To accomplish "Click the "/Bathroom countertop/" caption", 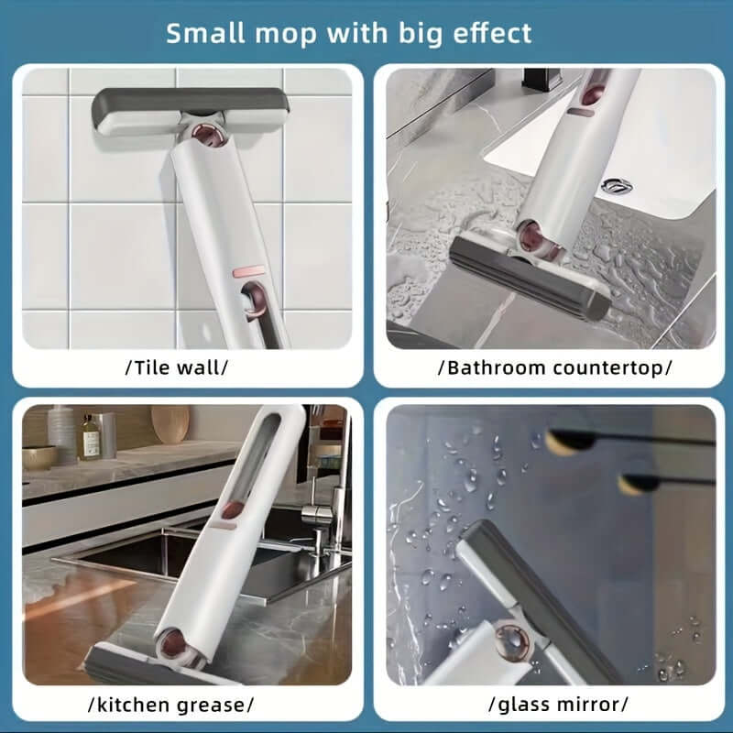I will pos(555,368).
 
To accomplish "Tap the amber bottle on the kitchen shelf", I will pos(90,437).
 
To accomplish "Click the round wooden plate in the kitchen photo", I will pos(170,424).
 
